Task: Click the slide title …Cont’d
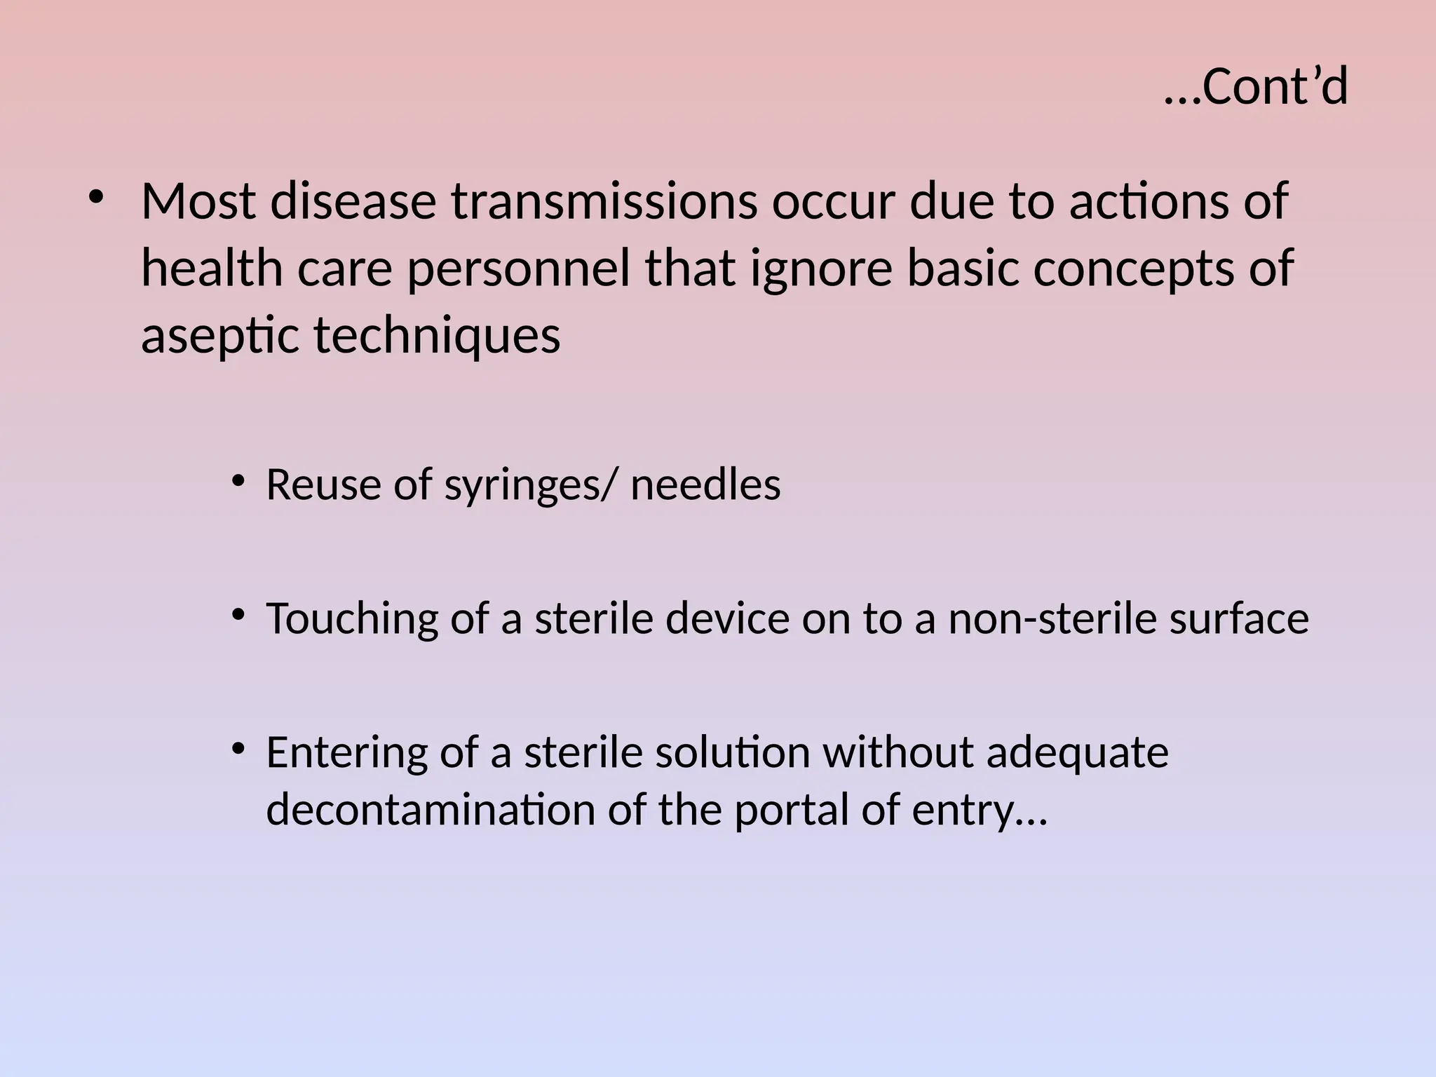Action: (x=1255, y=87)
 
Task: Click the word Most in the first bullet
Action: (x=198, y=202)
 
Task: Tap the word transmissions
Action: (x=604, y=202)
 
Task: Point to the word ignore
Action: (x=821, y=269)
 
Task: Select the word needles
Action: (x=705, y=485)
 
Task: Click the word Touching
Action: (x=352, y=619)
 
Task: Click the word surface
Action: (x=1238, y=619)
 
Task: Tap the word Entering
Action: (x=346, y=753)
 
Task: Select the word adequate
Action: (x=1077, y=753)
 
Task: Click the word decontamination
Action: (x=431, y=811)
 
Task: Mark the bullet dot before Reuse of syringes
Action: (x=238, y=482)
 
